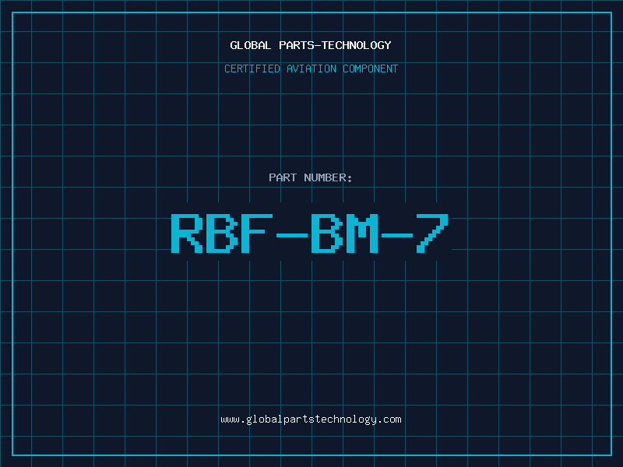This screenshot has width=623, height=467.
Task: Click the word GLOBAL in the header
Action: pos(250,45)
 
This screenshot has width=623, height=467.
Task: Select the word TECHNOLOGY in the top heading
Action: pos(357,45)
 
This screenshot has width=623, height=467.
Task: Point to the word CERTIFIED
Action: pos(252,68)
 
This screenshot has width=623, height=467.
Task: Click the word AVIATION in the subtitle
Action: pos(311,68)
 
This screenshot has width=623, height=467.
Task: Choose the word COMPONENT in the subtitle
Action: pos(371,68)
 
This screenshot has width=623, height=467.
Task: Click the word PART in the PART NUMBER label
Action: pos(283,177)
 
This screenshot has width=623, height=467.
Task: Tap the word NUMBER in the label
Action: pos(325,177)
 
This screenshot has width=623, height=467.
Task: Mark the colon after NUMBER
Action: pos(350,179)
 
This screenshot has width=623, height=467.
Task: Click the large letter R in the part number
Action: pos(187,233)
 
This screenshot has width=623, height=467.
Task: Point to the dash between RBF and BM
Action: pos(291,235)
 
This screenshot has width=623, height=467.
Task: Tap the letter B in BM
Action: pos(326,233)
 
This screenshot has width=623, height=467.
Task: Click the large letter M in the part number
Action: pos(361,233)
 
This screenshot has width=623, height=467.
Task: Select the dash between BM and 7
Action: pos(396,235)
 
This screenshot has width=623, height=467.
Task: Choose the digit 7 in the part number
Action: pos(432,233)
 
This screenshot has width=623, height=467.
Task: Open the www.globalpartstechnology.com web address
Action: pos(311,420)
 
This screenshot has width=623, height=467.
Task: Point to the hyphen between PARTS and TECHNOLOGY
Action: pos(318,46)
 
